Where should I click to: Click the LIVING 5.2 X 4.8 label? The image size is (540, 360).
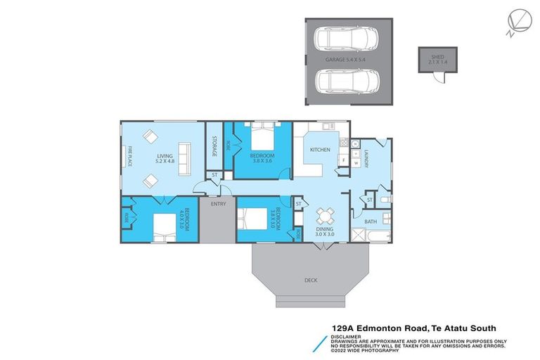(x=165, y=158)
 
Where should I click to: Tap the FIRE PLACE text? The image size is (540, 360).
(x=130, y=156)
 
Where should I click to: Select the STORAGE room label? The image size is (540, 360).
(x=214, y=146)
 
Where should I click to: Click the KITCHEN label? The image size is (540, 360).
(x=311, y=150)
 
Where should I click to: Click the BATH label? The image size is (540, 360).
(x=370, y=222)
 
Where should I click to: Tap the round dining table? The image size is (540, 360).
(x=325, y=215)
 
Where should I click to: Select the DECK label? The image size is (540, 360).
(x=311, y=280)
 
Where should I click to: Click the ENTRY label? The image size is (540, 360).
(x=218, y=204)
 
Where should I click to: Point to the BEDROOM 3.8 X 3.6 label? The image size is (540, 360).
(x=262, y=157)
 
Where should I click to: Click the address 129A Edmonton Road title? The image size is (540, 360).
(x=414, y=327)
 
